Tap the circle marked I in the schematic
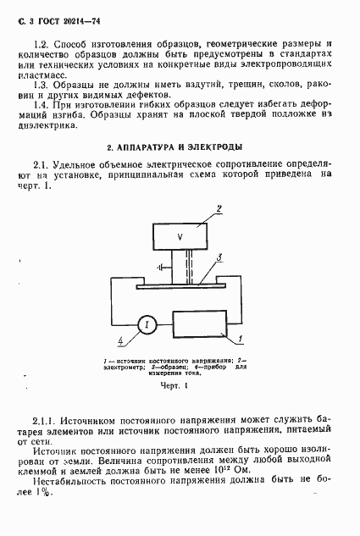tap(145, 325)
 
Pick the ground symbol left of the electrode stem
tap(160, 267)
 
